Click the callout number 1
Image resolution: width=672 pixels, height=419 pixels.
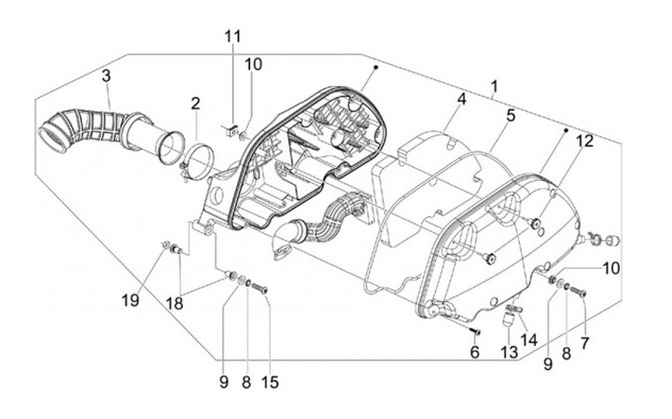[x=493, y=86]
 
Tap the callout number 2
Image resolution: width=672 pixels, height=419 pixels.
[x=196, y=102]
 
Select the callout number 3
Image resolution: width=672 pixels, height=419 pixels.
[x=107, y=75]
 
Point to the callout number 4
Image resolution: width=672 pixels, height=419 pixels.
[x=461, y=98]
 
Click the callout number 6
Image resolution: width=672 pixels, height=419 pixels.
[x=474, y=352]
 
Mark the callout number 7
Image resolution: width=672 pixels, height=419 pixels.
[x=584, y=342]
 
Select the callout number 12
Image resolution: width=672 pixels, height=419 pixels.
[x=584, y=141]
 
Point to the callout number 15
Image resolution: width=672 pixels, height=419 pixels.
[x=271, y=381]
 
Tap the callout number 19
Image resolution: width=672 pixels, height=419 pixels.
[x=130, y=300]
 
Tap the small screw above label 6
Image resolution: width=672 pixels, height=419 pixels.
[x=475, y=330]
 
